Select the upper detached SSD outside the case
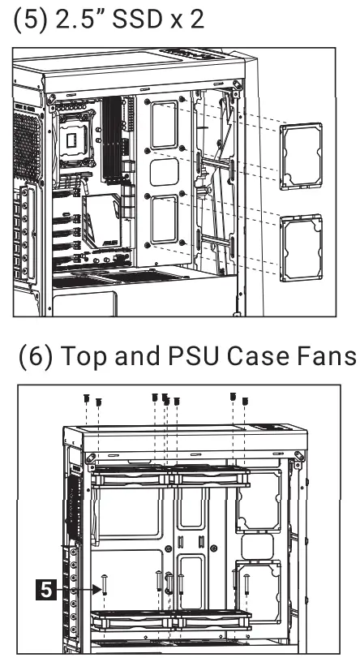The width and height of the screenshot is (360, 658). coord(300,156)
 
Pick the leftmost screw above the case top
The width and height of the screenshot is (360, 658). coord(86,398)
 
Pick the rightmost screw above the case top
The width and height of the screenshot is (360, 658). coord(245,400)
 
